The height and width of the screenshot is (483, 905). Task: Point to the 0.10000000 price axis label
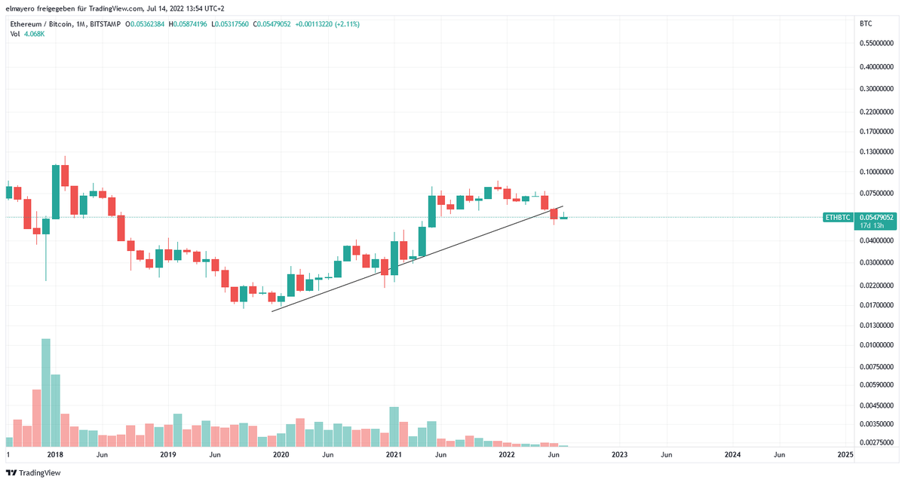(877, 173)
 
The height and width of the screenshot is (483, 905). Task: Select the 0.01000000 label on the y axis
(877, 345)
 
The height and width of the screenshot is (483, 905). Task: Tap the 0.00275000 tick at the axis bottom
(877, 442)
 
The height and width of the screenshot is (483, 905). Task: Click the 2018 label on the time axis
(54, 455)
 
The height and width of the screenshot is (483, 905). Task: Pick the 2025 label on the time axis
(845, 455)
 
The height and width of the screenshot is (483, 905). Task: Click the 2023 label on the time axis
(619, 455)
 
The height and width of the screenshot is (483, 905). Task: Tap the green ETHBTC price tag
(837, 218)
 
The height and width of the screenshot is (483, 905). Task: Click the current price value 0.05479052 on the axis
(877, 217)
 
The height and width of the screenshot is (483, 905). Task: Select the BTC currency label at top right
(866, 24)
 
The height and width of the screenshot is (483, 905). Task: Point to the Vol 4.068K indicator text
(27, 34)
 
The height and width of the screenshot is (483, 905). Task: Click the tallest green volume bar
(46, 392)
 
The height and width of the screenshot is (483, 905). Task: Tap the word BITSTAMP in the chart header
(104, 24)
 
